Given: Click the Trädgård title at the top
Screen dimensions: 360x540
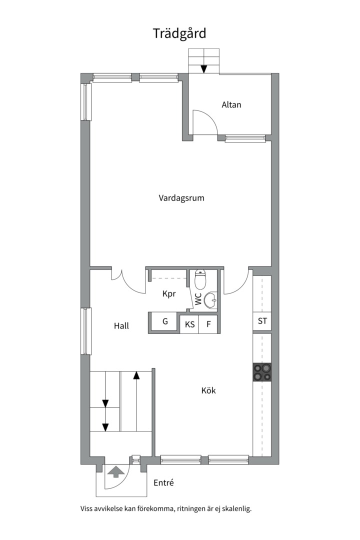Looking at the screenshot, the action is (179, 33).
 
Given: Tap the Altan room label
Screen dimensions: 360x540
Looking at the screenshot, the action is (231, 104).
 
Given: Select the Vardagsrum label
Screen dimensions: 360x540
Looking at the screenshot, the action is (181, 198).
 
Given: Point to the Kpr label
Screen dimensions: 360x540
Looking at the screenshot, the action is (169, 294).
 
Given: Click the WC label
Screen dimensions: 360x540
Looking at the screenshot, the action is (198, 299).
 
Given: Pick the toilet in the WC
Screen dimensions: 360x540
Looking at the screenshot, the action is (200, 279).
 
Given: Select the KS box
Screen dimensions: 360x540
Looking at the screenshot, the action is (189, 324).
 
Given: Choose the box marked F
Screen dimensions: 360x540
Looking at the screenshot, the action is (208, 324).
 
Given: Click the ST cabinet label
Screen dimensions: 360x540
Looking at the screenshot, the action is (262, 321).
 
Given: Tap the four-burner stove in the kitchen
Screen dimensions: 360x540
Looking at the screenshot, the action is (262, 372).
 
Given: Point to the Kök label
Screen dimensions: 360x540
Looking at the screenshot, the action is (209, 390).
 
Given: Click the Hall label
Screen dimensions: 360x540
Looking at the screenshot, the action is (121, 326).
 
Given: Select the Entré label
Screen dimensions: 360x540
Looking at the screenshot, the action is (163, 483).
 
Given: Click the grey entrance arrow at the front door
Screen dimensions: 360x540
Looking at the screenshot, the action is (115, 471).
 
